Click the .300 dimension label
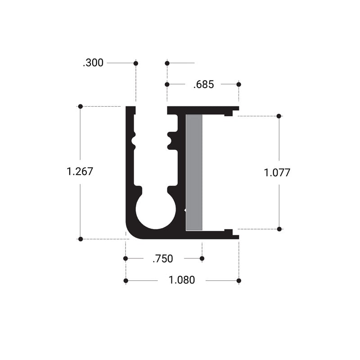(x=93, y=63)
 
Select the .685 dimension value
(x=203, y=84)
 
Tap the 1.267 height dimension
(x=80, y=171)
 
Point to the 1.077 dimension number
(x=277, y=172)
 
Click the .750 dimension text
(x=162, y=258)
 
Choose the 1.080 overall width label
(x=182, y=280)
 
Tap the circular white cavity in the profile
(x=155, y=210)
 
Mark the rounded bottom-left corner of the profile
(x=132, y=232)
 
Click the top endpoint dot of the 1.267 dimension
(x=81, y=107)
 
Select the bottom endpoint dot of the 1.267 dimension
(x=81, y=239)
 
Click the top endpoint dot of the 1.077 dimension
(x=279, y=116)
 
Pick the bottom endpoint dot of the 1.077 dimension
(x=279, y=229)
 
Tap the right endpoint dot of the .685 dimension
(x=238, y=84)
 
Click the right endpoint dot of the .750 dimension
(x=202, y=258)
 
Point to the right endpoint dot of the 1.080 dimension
(x=238, y=281)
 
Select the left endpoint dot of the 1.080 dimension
(x=126, y=281)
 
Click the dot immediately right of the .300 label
(x=136, y=63)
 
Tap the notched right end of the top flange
(x=231, y=111)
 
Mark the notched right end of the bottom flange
(x=231, y=234)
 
